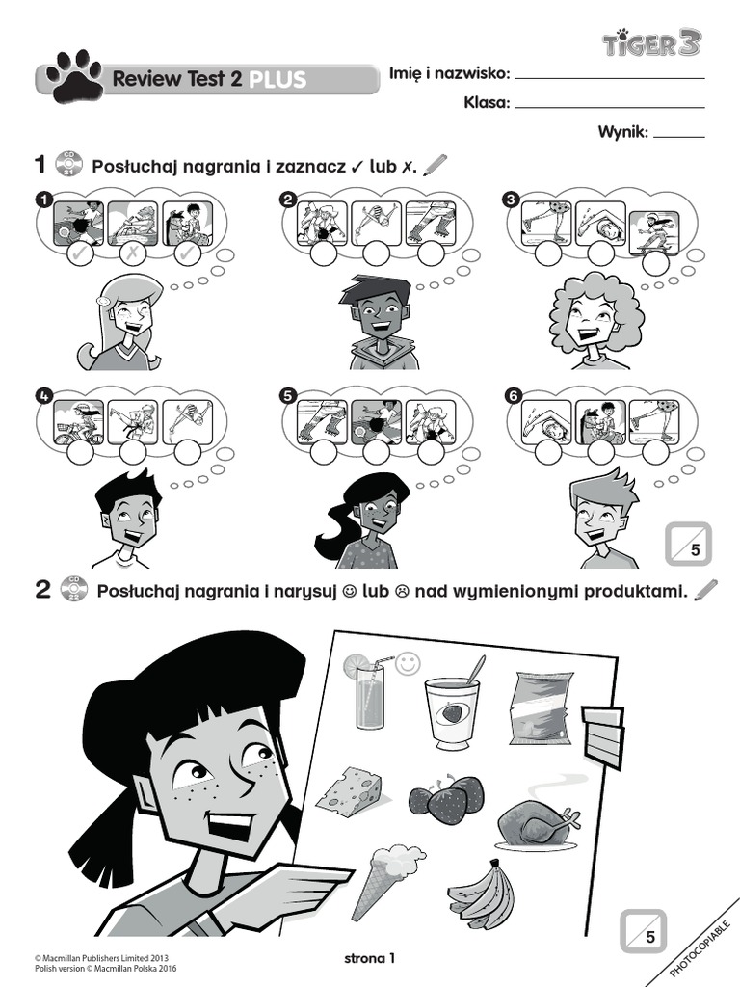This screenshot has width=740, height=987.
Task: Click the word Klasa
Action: [x=486, y=102]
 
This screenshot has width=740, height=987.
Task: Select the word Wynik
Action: [x=621, y=132]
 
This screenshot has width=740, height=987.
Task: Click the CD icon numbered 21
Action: [x=68, y=164]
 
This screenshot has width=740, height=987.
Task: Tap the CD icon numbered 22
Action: [x=73, y=589]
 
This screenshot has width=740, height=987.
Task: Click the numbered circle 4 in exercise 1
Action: [x=44, y=395]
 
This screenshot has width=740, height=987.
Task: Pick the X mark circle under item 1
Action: [x=134, y=253]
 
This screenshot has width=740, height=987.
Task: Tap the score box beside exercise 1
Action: [x=688, y=543]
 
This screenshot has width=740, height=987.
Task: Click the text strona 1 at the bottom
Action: [x=369, y=959]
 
